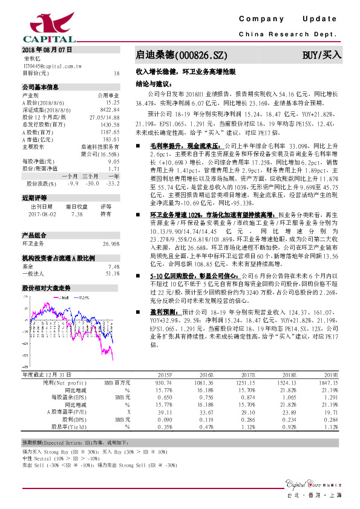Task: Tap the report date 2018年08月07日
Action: pos(47,48)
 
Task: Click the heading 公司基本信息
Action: pos(40,87)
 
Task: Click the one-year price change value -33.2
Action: pos(113,183)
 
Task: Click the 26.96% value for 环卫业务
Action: pos(111,244)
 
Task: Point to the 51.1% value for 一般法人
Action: pos(113,274)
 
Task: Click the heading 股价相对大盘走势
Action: pos(46,288)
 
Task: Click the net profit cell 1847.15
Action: pos(327,383)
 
